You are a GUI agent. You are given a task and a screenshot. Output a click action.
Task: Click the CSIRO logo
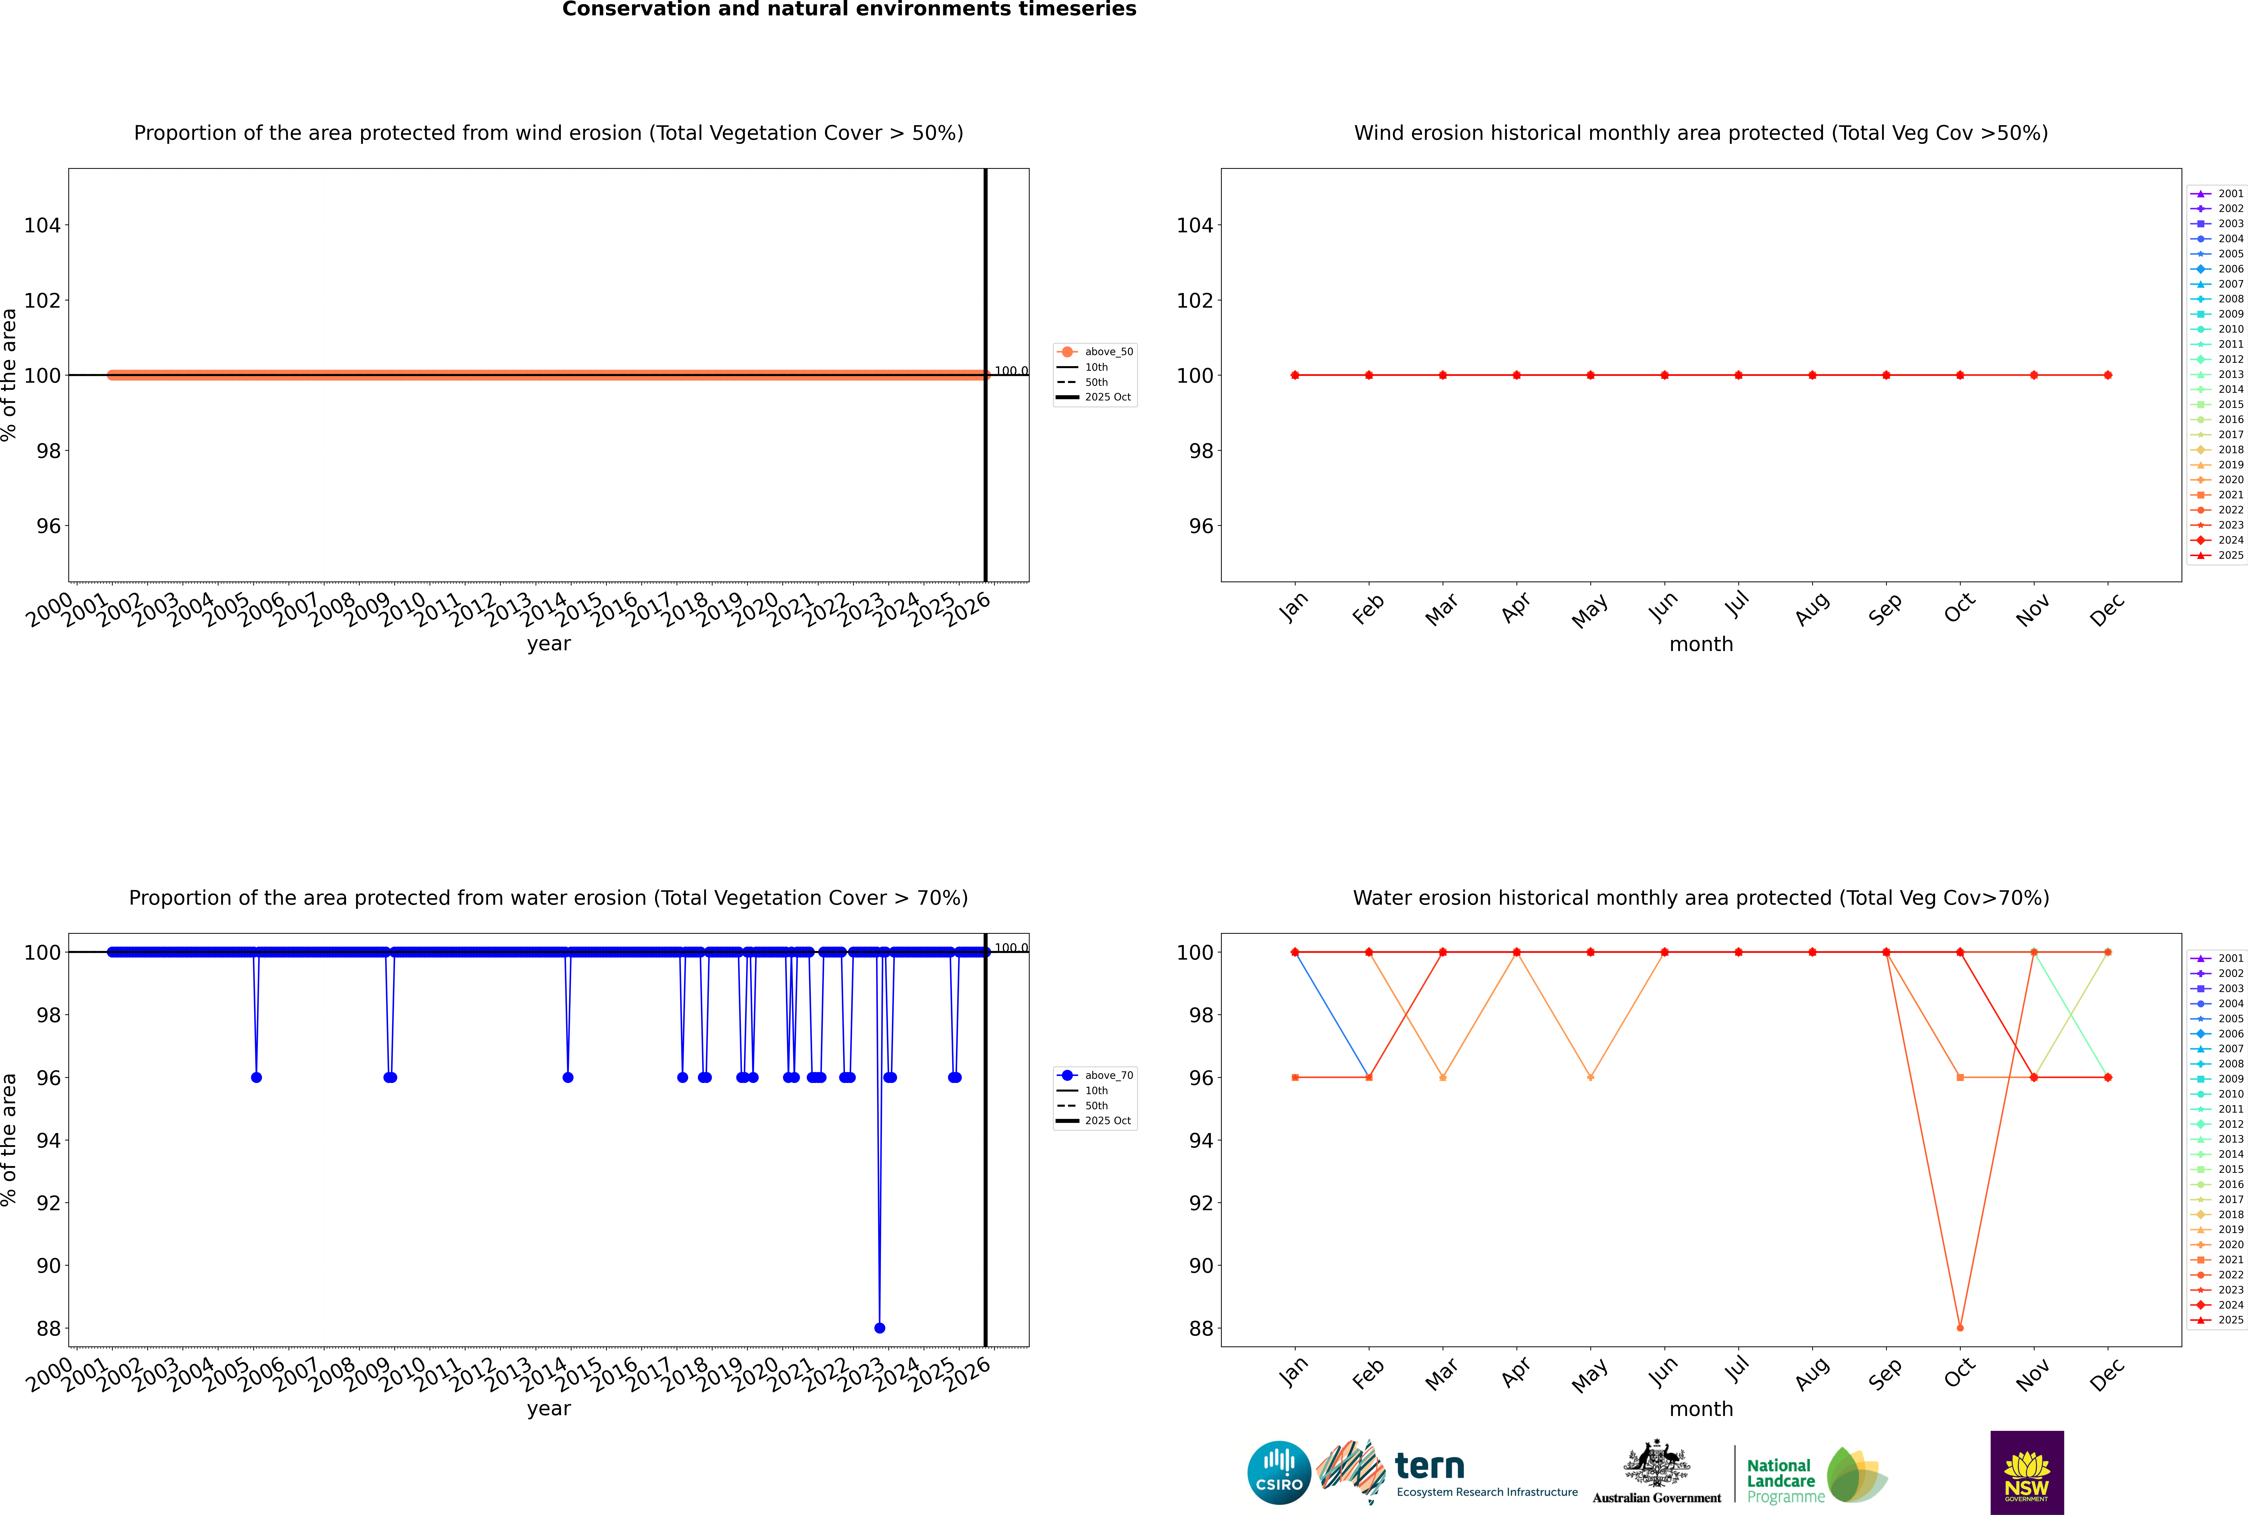coord(1279,1473)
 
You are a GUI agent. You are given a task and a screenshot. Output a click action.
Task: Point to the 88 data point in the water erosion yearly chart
coord(879,1327)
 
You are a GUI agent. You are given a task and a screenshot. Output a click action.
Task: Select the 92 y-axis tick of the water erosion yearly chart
coord(48,1203)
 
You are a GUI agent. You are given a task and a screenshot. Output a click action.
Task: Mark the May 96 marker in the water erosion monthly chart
coord(1590,1077)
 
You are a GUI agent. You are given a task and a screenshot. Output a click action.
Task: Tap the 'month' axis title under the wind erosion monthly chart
coord(1701,645)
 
